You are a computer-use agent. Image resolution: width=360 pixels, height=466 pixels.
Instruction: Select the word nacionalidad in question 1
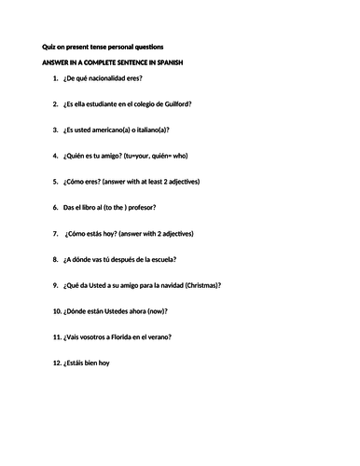pos(108,82)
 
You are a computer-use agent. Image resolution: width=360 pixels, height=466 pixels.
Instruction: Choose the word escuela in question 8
pos(163,258)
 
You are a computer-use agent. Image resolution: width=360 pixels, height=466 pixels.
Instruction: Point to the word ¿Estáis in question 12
pos(76,362)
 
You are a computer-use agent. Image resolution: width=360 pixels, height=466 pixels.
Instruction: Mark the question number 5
pos(56,181)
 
